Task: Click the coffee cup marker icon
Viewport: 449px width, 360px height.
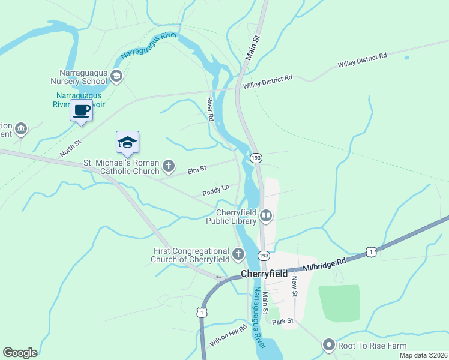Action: point(81,110)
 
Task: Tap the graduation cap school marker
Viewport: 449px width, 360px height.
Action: point(127,142)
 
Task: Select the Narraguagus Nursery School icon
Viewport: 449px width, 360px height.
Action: point(116,75)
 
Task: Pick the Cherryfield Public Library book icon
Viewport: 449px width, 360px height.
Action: point(266,215)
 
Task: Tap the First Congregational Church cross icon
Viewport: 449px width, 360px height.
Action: point(238,254)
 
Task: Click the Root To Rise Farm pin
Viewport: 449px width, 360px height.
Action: point(328,346)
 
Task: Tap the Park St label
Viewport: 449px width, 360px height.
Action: point(282,322)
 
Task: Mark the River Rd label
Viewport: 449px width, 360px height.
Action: point(210,109)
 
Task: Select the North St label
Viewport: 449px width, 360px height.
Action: point(70,146)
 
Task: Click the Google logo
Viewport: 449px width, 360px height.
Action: point(20,353)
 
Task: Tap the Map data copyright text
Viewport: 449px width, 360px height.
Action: point(423,355)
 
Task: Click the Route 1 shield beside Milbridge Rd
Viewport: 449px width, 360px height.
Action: point(372,252)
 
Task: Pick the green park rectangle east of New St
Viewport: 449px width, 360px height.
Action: point(339,304)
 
